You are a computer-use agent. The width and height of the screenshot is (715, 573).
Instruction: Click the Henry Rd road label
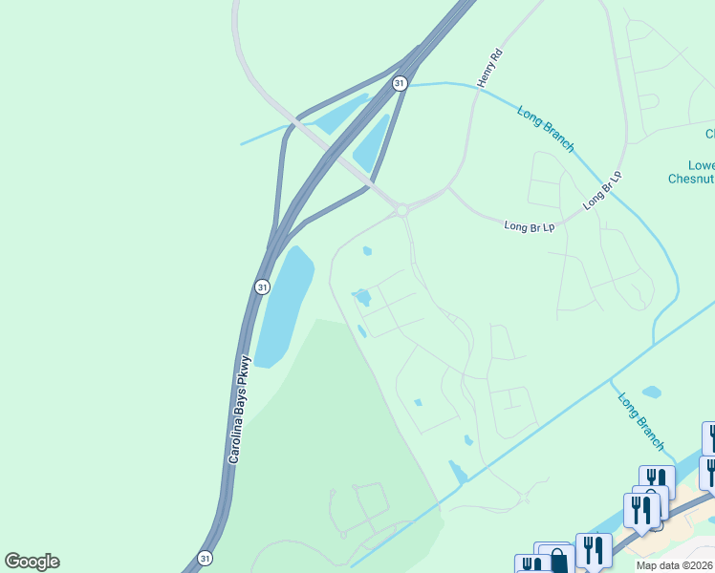(489, 67)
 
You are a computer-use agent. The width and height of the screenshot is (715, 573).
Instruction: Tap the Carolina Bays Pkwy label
(237, 411)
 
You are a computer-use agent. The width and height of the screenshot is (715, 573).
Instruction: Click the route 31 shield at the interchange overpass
(400, 84)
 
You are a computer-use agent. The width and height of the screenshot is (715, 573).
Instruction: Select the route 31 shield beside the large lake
(262, 286)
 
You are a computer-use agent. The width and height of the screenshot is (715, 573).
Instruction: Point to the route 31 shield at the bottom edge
(206, 558)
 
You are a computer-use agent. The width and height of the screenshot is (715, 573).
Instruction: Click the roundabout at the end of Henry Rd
(402, 210)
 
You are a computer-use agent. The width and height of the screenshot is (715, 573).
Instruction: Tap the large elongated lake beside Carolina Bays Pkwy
(283, 306)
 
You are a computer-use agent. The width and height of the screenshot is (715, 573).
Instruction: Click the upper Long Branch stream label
(546, 129)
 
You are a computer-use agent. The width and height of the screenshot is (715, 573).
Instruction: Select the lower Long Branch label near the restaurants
(639, 421)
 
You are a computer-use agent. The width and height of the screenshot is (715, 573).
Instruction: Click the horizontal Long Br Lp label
(530, 226)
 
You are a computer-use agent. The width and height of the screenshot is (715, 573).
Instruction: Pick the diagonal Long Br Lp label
(602, 190)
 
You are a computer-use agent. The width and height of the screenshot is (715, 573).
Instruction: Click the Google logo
(32, 562)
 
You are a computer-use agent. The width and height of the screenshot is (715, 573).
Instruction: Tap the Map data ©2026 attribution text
(675, 565)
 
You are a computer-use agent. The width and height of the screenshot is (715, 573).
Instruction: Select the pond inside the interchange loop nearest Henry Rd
(372, 143)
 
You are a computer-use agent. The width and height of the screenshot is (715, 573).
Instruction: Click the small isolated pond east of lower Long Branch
(652, 392)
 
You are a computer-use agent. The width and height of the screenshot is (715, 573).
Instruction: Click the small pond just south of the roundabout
(367, 252)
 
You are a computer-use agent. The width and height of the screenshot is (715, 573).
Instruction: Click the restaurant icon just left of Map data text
(594, 550)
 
